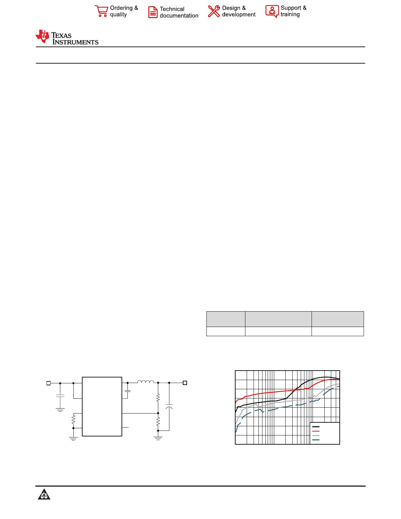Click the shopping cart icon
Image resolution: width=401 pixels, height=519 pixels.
coord(101,11)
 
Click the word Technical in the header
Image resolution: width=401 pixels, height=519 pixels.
coord(172,9)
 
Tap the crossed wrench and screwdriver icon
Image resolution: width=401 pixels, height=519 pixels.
coord(214,11)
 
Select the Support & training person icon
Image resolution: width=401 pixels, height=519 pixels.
coord(272,11)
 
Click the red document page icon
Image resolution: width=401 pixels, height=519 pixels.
coord(153,12)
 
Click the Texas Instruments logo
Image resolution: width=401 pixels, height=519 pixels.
coord(67,37)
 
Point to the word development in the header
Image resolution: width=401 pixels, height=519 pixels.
coord(239,14)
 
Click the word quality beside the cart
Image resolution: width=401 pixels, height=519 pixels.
coord(119,15)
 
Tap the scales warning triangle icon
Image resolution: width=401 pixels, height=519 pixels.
coord(44,494)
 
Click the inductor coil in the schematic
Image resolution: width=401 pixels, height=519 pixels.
coord(145,382)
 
